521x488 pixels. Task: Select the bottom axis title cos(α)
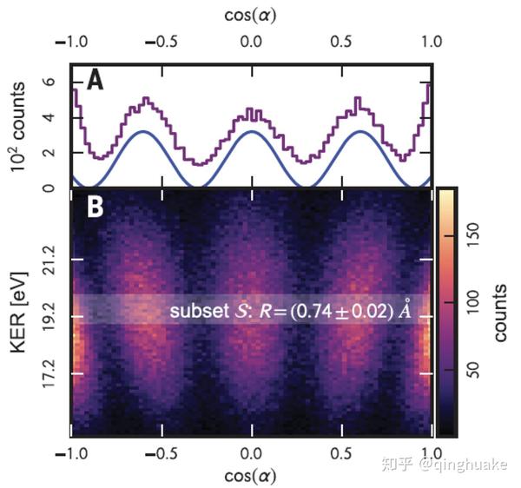click(x=251, y=476)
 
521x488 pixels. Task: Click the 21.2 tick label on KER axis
click(x=49, y=259)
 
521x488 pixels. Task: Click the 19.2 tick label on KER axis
click(x=49, y=317)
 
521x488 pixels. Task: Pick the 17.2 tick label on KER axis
click(x=49, y=374)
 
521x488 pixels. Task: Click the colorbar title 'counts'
click(x=501, y=313)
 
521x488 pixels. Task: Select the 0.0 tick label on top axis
click(x=251, y=41)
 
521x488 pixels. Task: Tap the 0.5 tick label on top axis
click(x=341, y=41)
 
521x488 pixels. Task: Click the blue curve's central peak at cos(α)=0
click(x=251, y=132)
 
